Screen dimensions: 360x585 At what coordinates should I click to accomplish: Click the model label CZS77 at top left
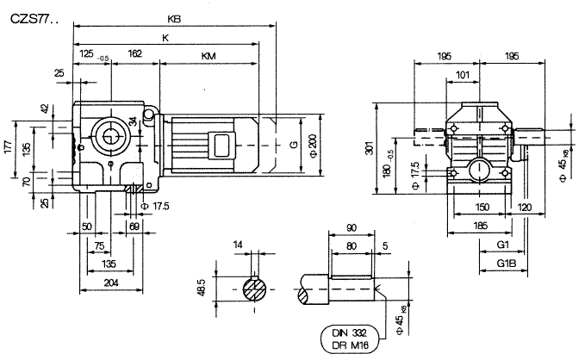33,16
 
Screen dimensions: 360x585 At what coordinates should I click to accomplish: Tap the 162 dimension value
135,53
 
